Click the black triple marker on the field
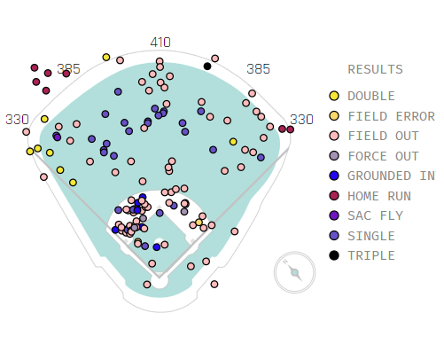(x=207, y=67)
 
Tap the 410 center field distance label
(x=160, y=43)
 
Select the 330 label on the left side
(x=17, y=120)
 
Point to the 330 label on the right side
(x=301, y=120)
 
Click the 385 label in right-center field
(x=259, y=69)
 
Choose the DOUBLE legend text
(x=371, y=96)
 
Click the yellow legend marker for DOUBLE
(x=334, y=96)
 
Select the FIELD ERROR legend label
(x=392, y=116)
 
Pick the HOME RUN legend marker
(x=334, y=196)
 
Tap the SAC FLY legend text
(x=376, y=215)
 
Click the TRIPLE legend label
(x=371, y=255)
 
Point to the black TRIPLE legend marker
(x=334, y=255)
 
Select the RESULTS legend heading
(x=376, y=69)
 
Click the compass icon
(x=294, y=272)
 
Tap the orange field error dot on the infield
(x=199, y=223)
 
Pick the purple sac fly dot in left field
(x=58, y=137)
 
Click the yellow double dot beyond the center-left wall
(x=106, y=58)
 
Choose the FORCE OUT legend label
(x=384, y=156)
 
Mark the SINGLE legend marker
(x=334, y=236)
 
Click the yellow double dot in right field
(x=233, y=142)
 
